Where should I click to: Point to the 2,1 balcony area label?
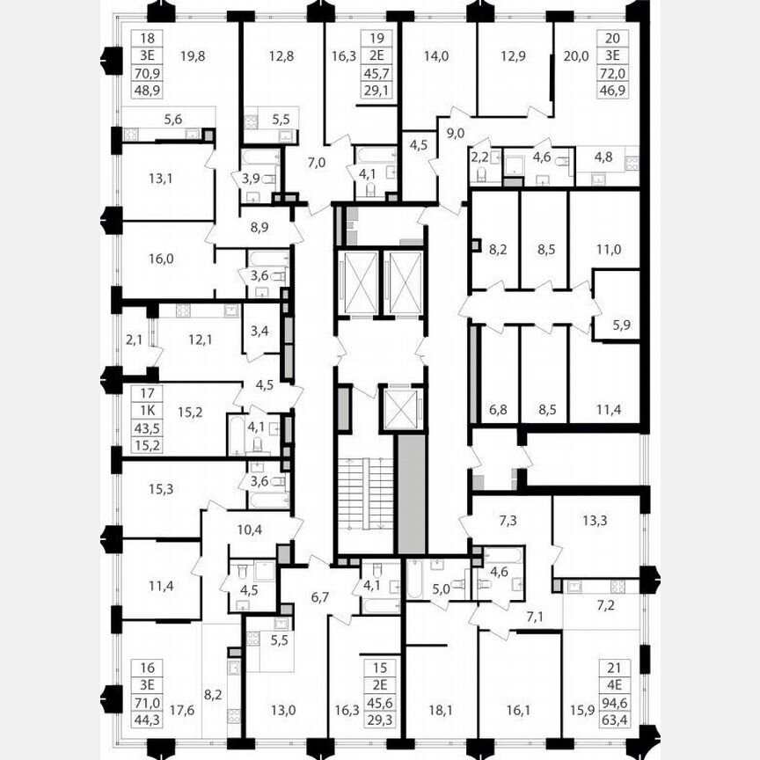(133, 338)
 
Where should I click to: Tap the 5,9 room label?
(622, 323)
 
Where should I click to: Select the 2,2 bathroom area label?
(479, 158)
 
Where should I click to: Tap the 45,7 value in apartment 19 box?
(379, 71)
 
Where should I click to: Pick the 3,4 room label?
(259, 332)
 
